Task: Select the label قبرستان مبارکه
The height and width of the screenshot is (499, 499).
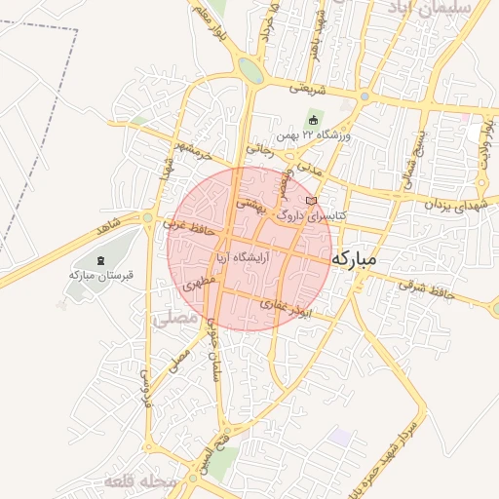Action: pos(99,275)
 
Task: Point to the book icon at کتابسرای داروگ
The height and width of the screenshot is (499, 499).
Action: pos(311,201)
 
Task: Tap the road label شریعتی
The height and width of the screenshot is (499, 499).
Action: pos(304,88)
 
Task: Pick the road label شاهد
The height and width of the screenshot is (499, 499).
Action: pos(107,227)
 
